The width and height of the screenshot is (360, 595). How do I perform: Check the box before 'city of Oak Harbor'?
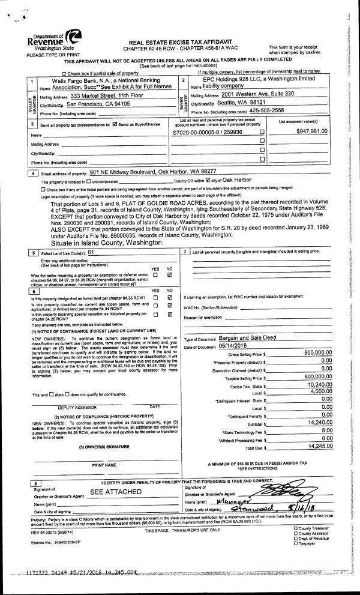(208, 180)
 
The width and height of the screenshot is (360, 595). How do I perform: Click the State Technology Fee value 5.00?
(326, 430)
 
